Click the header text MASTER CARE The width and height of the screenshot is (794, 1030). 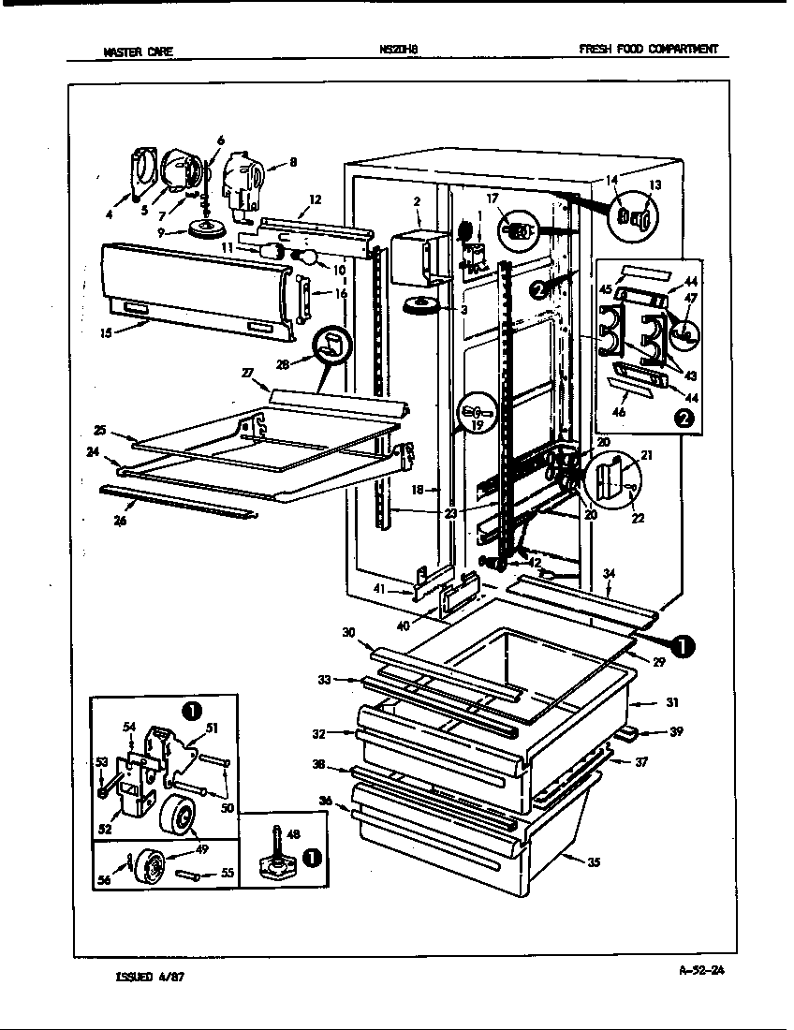pos(138,52)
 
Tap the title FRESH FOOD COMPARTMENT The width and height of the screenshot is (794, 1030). pos(648,51)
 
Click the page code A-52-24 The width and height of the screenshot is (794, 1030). pos(700,970)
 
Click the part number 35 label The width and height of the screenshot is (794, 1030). pos(594,862)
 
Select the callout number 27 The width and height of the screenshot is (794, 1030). pos(248,373)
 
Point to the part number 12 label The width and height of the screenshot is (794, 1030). pos(315,199)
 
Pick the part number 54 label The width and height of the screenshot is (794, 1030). pos(129,726)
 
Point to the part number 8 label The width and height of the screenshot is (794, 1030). pos(293,162)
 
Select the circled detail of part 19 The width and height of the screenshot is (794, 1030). pos(476,411)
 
